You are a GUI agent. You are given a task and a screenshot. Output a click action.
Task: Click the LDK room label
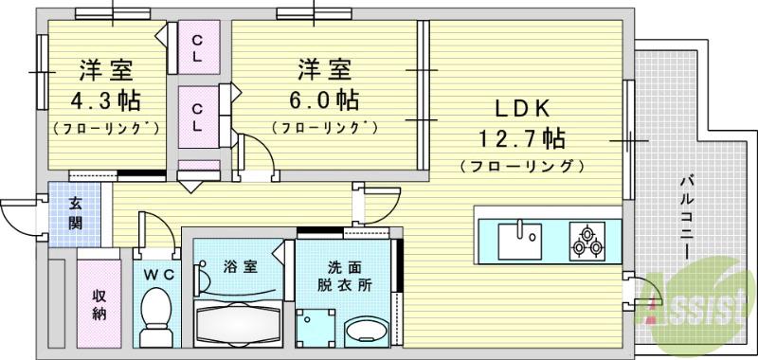[517, 107]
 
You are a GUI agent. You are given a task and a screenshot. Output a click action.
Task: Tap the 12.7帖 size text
[517, 139]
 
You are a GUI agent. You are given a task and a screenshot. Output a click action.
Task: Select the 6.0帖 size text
[325, 99]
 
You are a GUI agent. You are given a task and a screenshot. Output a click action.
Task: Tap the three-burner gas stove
[587, 239]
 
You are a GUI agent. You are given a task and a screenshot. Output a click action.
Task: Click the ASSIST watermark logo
[706, 301]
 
